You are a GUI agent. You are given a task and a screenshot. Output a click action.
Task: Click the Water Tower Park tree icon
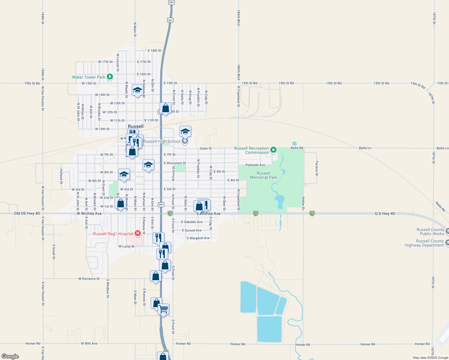point(110,77)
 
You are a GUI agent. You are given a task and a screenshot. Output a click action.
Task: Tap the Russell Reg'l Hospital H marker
point(138,233)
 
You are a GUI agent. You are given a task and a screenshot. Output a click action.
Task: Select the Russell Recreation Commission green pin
point(273,150)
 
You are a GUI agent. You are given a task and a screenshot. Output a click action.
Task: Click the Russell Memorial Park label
point(264,175)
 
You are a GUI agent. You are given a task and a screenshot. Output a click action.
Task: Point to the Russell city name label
point(136,126)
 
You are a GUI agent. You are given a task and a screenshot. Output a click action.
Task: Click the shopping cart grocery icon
point(164,309)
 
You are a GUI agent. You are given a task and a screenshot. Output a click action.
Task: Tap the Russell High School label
point(162,141)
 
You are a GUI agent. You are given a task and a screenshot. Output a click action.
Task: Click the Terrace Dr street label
point(317,168)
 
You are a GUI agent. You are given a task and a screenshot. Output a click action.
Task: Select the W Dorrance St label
point(89,279)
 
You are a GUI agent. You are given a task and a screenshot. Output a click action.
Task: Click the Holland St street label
point(61,176)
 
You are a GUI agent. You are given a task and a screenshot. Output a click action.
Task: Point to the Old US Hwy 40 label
point(27,213)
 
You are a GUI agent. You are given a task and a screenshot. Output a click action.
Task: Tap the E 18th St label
point(155,51)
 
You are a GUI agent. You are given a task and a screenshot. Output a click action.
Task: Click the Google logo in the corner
point(10,356)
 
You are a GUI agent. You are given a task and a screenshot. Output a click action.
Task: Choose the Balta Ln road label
point(365,148)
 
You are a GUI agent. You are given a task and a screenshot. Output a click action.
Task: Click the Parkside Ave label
point(255,165)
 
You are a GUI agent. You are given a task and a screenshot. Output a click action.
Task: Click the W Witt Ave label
point(89,343)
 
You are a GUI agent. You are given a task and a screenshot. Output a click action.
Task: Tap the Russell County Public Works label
point(430,232)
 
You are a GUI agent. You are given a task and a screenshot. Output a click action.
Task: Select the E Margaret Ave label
point(198,238)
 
